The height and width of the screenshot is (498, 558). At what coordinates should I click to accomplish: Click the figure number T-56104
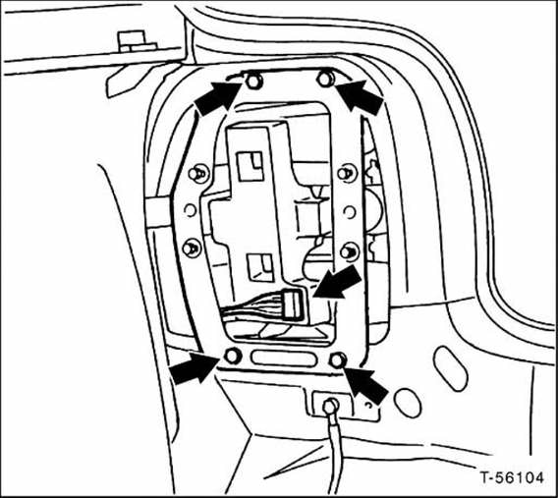click(512, 477)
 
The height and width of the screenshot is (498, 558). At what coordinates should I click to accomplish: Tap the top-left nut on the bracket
click(254, 82)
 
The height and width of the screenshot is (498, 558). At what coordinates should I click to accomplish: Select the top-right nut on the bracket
click(325, 79)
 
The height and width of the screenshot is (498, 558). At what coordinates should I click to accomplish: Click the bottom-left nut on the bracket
click(233, 356)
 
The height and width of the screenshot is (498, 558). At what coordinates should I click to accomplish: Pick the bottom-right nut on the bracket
click(338, 360)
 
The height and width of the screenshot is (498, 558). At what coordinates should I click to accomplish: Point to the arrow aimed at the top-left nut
click(218, 98)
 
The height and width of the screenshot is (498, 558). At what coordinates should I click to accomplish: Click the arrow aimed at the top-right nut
click(360, 96)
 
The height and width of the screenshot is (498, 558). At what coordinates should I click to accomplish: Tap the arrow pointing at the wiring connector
click(337, 283)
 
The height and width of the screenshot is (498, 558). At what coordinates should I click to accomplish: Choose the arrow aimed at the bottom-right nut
click(365, 385)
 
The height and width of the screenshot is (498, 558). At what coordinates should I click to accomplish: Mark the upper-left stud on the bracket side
click(197, 174)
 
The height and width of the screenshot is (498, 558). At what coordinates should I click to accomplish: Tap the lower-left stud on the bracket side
click(192, 248)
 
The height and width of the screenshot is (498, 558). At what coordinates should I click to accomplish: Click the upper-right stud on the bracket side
click(347, 173)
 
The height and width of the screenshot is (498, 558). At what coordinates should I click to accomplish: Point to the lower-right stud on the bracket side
click(349, 251)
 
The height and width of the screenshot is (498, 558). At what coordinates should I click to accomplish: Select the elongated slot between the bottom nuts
click(284, 359)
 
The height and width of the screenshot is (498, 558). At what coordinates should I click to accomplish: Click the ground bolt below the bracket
click(330, 406)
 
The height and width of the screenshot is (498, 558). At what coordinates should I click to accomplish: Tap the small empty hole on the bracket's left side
click(191, 210)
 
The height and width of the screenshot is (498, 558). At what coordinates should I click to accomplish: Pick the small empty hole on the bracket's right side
click(350, 212)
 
